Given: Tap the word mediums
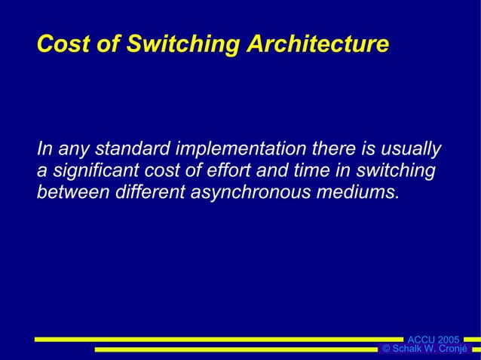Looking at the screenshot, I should pos(359,193).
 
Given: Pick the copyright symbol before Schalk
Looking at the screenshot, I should pos(386,349).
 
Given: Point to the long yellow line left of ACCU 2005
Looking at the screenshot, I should pos(219,340).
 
